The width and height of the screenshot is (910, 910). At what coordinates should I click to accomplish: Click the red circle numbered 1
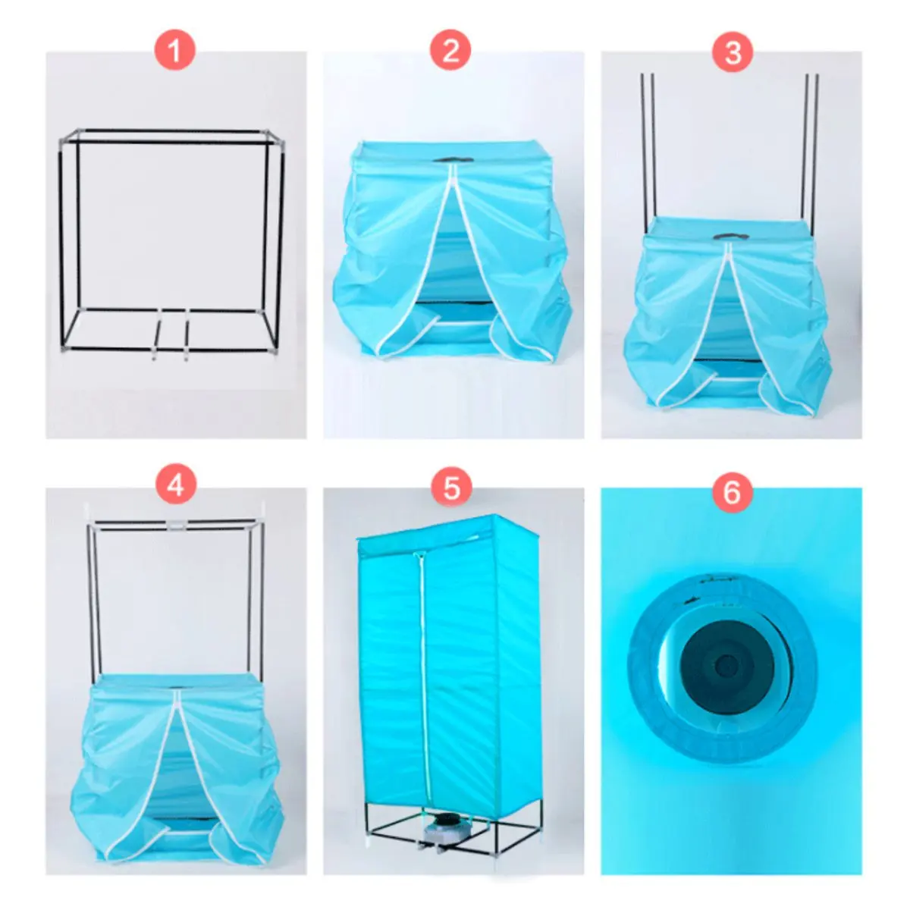(x=175, y=52)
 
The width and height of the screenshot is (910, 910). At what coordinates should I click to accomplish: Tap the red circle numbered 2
(x=450, y=52)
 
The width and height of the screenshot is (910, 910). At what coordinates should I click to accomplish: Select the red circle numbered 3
(x=733, y=52)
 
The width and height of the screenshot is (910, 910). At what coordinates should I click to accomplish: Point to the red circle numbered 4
(x=175, y=485)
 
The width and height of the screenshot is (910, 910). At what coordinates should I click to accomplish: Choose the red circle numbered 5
(x=450, y=488)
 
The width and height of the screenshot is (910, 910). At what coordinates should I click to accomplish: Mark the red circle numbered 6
(x=732, y=493)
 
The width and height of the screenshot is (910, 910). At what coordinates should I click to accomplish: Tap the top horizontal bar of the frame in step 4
(x=174, y=523)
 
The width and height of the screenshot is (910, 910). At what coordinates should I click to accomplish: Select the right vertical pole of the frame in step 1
(x=281, y=243)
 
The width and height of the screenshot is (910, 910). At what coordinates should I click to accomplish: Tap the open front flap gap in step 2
(x=453, y=273)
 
